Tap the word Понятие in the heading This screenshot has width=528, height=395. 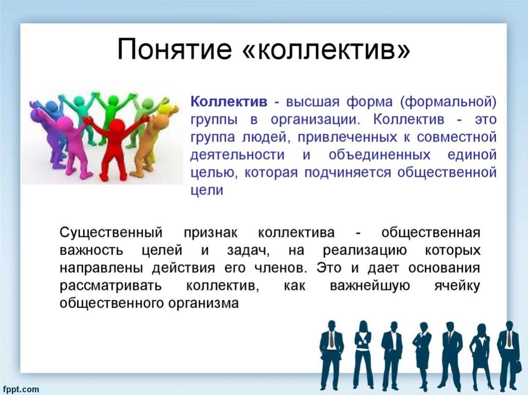point(174,49)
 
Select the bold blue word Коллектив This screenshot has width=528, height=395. point(229,101)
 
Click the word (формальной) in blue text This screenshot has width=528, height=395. point(448,101)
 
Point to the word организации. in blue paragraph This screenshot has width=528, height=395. point(315,120)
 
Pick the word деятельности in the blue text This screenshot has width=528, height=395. point(237,155)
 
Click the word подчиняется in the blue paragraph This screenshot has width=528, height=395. point(348,173)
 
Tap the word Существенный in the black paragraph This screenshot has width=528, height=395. point(111,233)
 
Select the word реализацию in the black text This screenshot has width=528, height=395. point(365,251)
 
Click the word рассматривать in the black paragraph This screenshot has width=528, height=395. point(111,286)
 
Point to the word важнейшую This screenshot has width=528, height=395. point(370,286)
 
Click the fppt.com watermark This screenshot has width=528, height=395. point(20,389)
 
